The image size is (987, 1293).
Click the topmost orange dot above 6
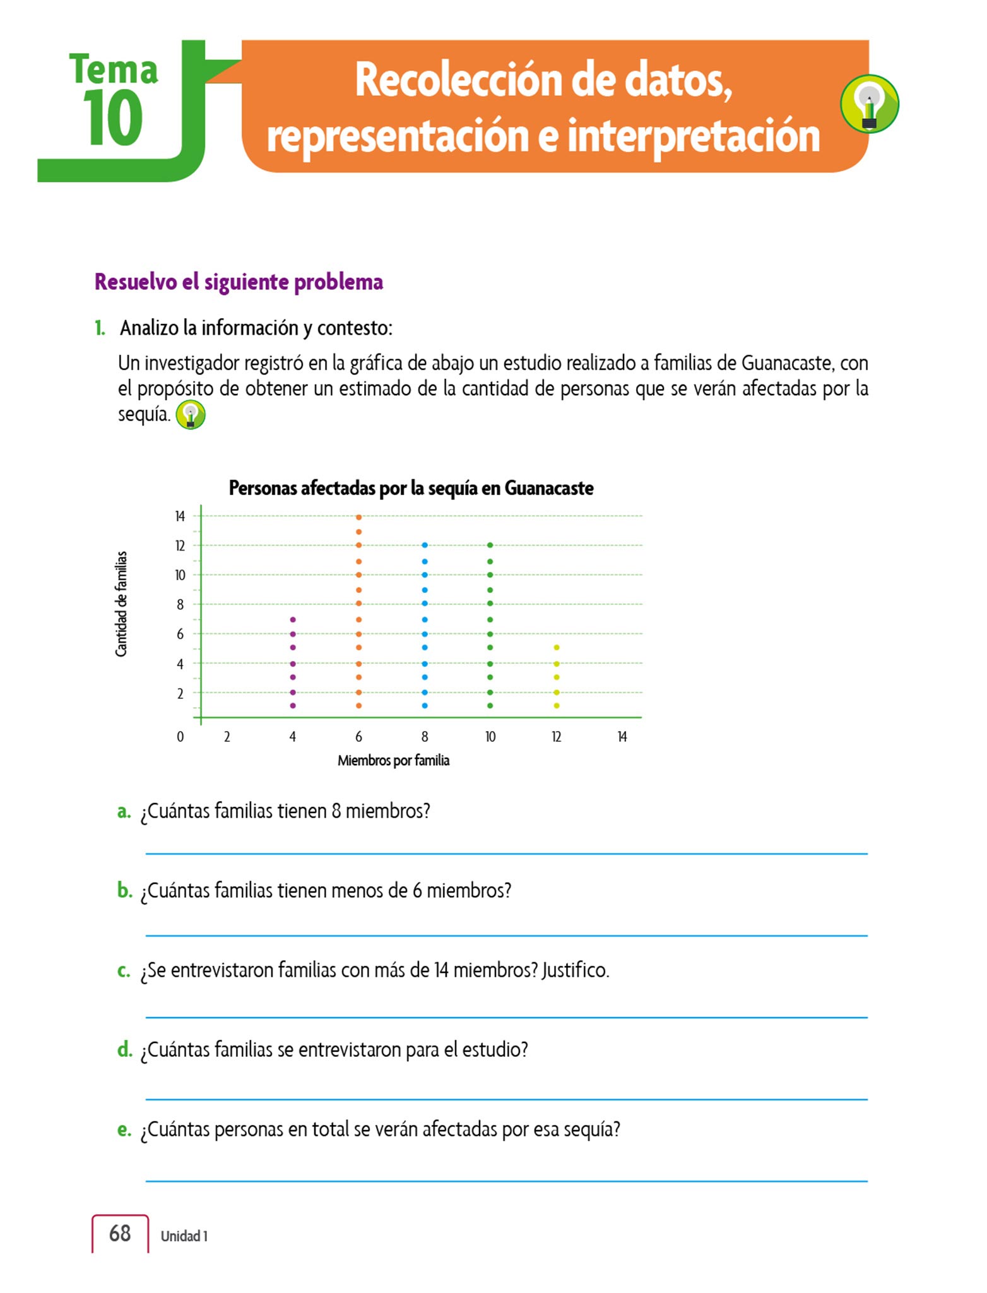coord(358,517)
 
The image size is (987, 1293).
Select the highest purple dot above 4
coord(293,619)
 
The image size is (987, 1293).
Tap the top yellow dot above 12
coord(556,647)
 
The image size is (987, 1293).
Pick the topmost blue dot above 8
coord(425,545)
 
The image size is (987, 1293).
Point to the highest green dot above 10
coord(490,545)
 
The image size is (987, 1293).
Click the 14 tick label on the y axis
coord(180,516)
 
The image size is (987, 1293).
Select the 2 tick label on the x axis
coord(227,737)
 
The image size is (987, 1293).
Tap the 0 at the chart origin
coord(180,737)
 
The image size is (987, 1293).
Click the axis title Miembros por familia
coord(393,761)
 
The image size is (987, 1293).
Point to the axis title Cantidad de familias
coord(121,604)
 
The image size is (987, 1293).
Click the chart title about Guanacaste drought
coord(411,488)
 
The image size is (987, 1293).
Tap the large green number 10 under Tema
coord(112,118)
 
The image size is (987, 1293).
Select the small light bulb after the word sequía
coord(191,415)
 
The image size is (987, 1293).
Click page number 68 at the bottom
coord(120,1233)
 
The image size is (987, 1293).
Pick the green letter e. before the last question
coord(124,1129)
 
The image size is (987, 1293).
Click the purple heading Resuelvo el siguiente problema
coord(239,282)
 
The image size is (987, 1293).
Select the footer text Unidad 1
coord(184,1236)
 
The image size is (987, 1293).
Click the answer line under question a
coord(506,854)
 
